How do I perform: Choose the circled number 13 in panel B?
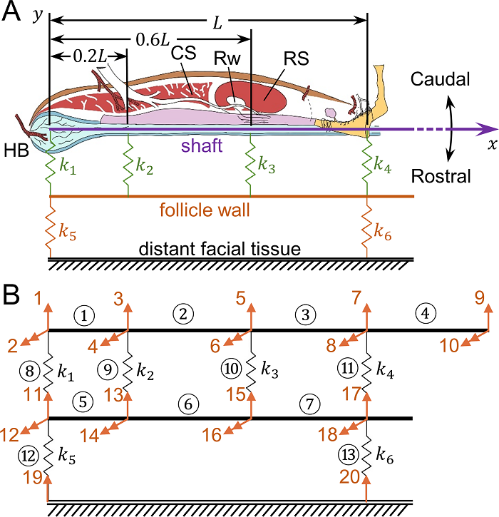pyautogui.click(x=349, y=455)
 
